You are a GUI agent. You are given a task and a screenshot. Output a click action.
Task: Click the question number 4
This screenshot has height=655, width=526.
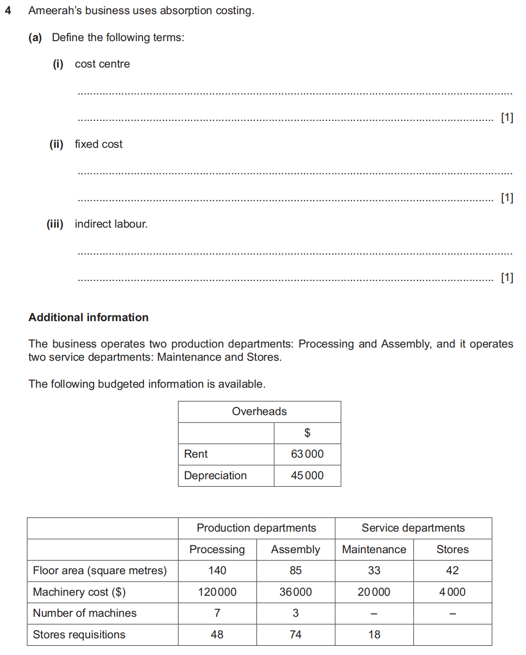8,10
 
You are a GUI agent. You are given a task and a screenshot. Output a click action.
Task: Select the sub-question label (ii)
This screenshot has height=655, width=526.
56,144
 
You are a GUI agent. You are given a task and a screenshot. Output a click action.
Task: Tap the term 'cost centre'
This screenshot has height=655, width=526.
102,64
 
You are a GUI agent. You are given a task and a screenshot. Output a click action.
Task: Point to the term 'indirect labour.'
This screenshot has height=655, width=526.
111,224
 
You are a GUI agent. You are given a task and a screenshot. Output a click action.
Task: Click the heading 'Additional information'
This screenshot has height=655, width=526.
89,317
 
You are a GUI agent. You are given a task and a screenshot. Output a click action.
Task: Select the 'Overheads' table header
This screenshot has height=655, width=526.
259,412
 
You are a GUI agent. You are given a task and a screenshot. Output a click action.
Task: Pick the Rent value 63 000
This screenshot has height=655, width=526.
307,454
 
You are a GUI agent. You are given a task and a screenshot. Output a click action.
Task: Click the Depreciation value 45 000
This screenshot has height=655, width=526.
307,476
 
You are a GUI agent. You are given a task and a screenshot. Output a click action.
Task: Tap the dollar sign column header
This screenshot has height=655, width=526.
307,433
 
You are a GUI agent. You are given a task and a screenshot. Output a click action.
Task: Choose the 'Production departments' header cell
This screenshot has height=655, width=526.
256,528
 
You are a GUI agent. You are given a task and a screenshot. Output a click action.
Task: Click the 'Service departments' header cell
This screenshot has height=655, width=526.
413,528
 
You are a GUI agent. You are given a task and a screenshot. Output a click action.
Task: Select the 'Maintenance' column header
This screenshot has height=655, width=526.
374,550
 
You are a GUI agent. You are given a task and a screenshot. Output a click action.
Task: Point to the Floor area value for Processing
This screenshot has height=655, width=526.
217,571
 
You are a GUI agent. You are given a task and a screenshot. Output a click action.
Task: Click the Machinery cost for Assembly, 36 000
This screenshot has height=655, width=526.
296,592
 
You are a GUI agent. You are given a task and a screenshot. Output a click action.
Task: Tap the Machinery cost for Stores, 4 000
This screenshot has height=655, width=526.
452,592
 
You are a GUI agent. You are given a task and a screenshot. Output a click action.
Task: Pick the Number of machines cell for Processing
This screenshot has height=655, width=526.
217,613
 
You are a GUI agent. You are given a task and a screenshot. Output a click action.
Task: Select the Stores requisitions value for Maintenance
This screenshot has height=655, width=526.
374,635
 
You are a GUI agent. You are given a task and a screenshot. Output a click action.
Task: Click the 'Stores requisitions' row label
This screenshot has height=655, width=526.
79,635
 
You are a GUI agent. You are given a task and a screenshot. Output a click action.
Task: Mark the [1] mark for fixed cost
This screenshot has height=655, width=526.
507,198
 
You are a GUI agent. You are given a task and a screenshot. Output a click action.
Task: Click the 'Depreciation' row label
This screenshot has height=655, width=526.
215,476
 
